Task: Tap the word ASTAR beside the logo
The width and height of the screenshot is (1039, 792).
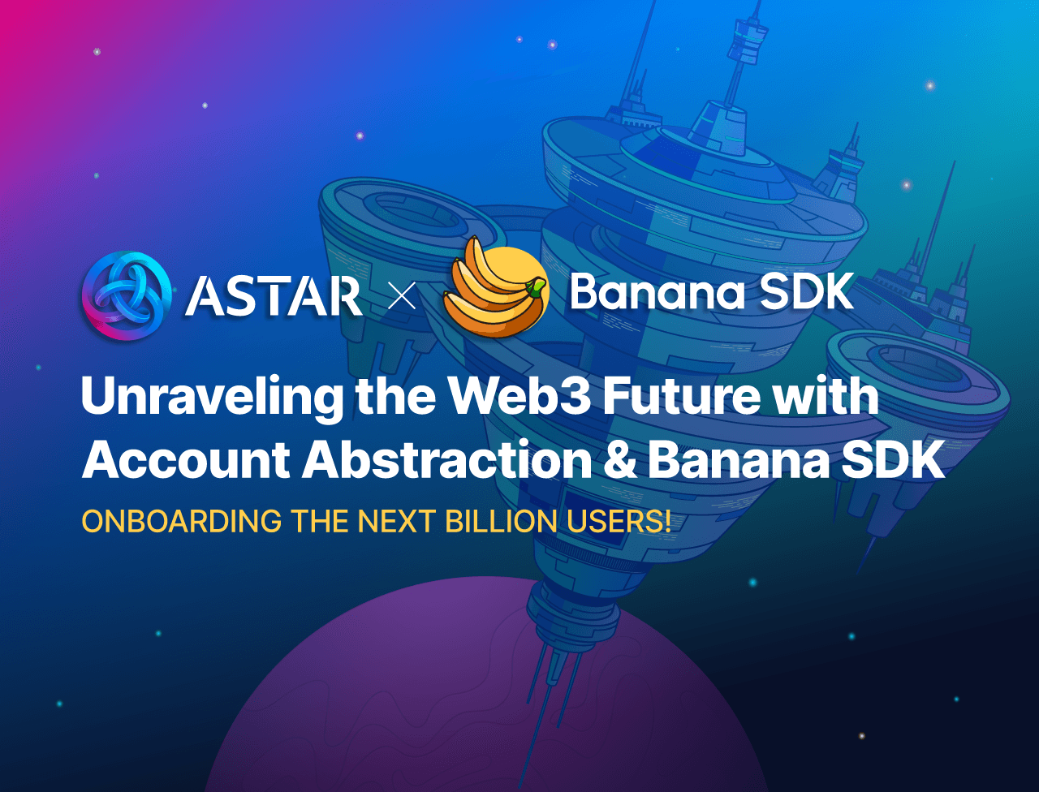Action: click(274, 295)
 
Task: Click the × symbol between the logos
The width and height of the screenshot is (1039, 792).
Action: click(402, 295)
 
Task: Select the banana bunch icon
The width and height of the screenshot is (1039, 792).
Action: click(495, 286)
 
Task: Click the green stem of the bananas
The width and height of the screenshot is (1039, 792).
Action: click(537, 286)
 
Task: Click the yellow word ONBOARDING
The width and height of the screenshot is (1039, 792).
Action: click(181, 521)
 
